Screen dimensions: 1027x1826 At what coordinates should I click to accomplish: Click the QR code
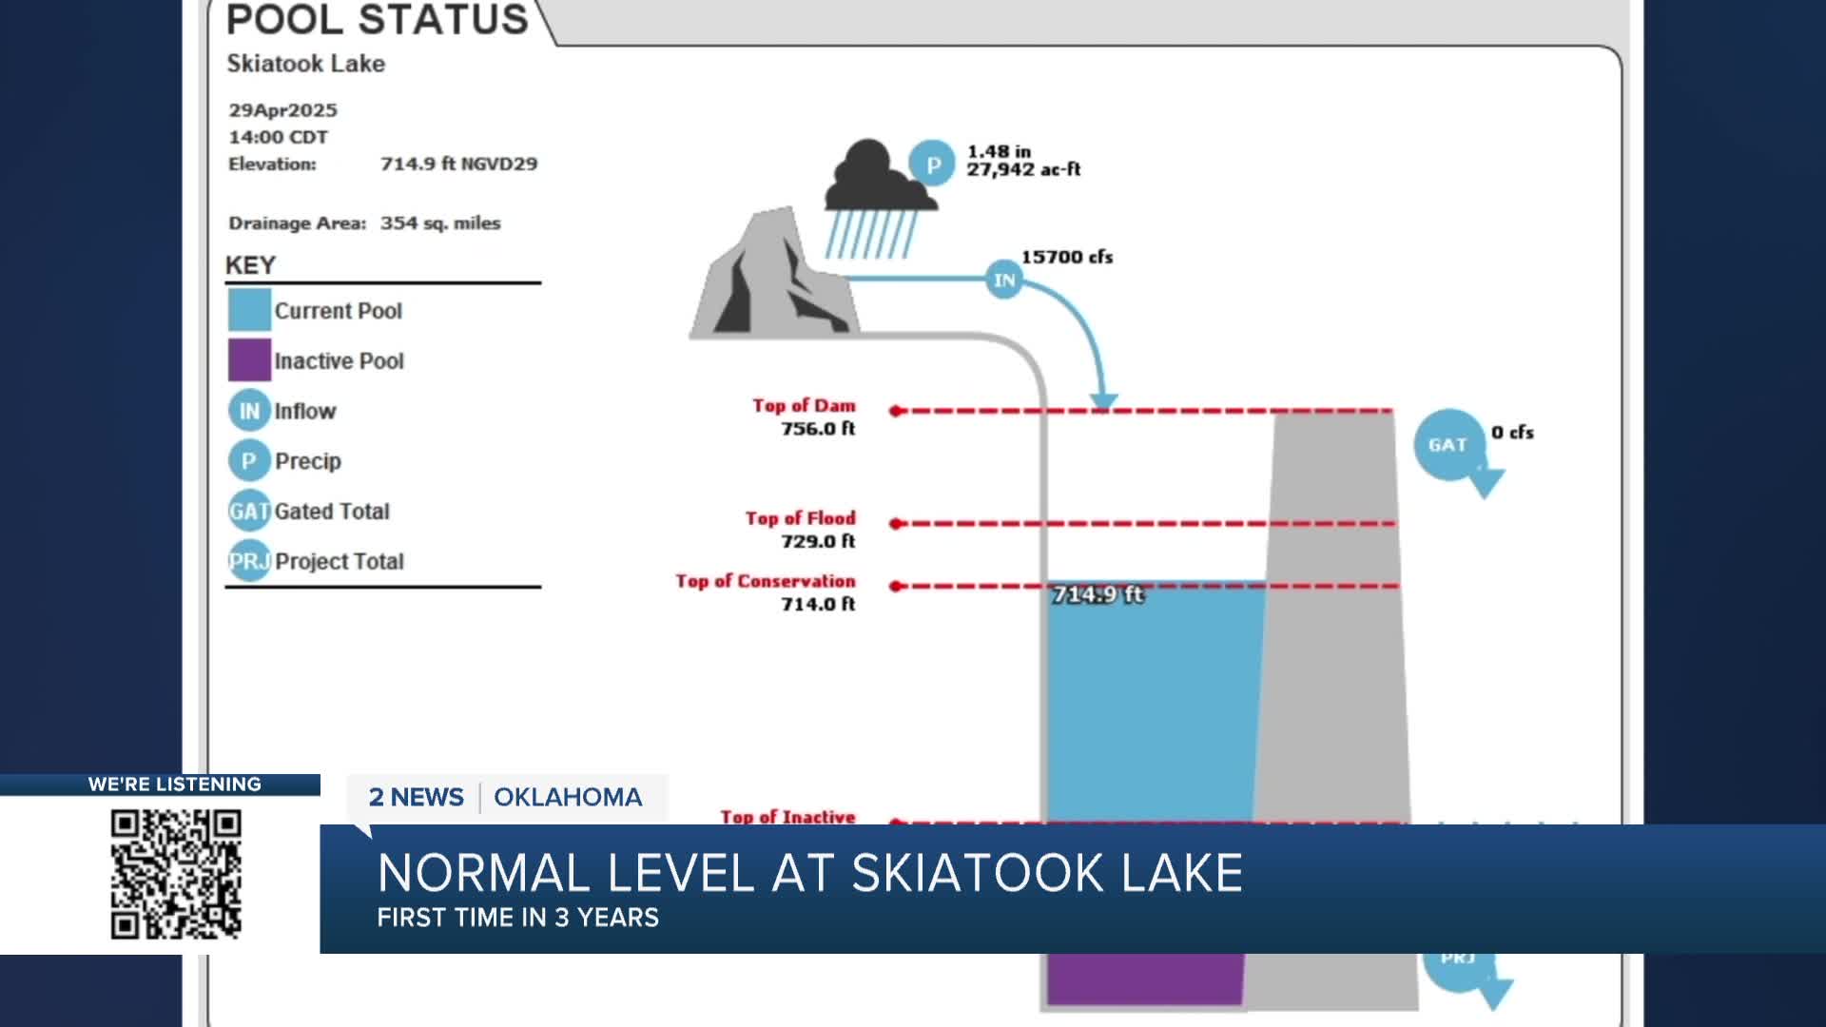(176, 873)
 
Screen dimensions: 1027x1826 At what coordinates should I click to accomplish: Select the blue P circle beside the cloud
(932, 165)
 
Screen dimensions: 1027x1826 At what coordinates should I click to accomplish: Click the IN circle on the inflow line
(1004, 280)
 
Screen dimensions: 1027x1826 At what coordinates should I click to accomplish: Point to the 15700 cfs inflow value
(1066, 257)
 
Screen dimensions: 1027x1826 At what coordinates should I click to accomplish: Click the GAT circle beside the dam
(1447, 444)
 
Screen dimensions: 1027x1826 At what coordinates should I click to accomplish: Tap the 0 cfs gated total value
(1512, 433)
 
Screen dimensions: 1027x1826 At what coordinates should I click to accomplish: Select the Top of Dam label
(804, 406)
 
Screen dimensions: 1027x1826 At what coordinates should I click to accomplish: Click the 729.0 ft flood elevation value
(818, 541)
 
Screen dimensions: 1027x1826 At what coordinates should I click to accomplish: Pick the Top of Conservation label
(766, 581)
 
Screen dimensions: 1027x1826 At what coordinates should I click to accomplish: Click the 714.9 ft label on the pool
(1098, 594)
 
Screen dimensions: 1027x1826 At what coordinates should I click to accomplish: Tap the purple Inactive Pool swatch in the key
(249, 360)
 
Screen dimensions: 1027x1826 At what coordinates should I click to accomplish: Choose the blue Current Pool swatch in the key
(249, 310)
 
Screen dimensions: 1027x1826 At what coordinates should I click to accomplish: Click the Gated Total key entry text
(332, 512)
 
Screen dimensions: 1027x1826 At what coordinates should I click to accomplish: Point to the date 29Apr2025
(282, 110)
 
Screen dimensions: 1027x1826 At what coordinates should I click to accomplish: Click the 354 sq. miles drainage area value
(440, 223)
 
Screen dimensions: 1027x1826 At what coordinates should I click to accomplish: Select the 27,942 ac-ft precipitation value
(1023, 170)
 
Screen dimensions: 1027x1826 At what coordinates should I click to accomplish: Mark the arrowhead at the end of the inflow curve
(1103, 402)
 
